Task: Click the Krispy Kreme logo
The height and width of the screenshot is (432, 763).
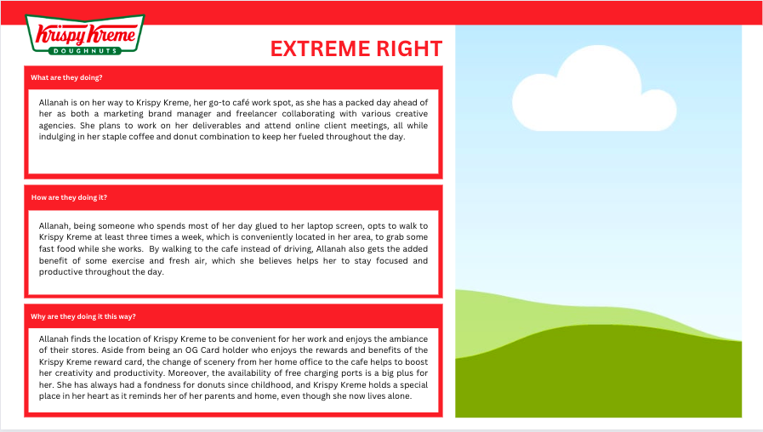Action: [85, 35]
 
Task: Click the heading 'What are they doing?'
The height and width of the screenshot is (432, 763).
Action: [66, 77]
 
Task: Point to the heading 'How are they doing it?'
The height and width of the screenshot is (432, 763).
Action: [69, 197]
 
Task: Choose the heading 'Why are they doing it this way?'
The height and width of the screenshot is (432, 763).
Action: [82, 316]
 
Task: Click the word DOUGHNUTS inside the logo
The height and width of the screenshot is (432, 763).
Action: [85, 50]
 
